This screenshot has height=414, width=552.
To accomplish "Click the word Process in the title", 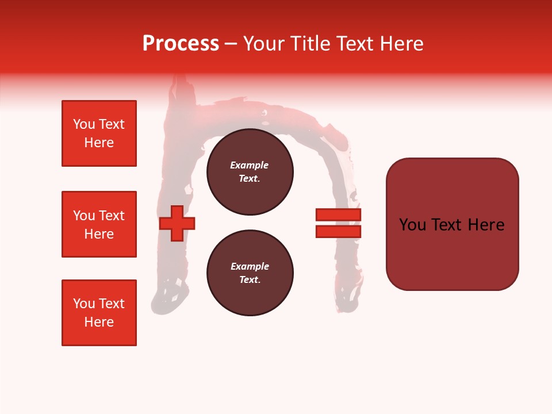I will [x=181, y=44].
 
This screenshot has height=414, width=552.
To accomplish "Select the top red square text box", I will [x=99, y=133].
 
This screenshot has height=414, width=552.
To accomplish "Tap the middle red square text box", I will [x=99, y=224].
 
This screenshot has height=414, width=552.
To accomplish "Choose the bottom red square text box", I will [x=99, y=313].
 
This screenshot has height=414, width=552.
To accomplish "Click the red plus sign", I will [x=177, y=223].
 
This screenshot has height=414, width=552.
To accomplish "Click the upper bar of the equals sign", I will [x=338, y=215].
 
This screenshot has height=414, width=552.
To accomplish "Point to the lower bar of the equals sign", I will [x=338, y=232].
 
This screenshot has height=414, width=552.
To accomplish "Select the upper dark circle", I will [x=250, y=172].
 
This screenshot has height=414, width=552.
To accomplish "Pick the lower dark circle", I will [x=250, y=273].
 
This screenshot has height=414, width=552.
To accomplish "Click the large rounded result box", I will [x=452, y=224].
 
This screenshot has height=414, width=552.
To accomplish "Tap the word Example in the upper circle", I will [x=250, y=165].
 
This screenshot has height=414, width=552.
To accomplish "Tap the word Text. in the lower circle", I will [x=250, y=280].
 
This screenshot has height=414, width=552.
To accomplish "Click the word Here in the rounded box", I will [x=486, y=225].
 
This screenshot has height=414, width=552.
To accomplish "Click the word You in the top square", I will [x=84, y=124].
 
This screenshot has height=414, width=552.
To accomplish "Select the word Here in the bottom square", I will [x=99, y=322].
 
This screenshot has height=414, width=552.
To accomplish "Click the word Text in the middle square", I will [x=112, y=216].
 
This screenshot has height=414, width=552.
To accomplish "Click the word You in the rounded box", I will [x=413, y=225].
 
